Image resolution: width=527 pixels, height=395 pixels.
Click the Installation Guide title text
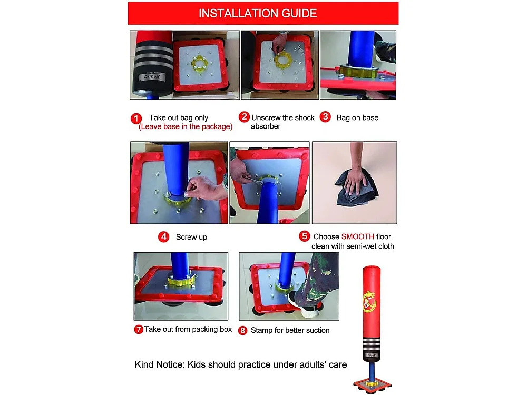coord(258,13)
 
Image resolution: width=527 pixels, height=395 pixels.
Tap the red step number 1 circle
coord(136,118)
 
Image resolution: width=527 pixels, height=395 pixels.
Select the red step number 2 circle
coord(244,117)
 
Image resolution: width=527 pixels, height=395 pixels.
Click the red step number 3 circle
coord(325,117)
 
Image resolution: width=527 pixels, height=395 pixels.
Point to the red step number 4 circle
coord(164,237)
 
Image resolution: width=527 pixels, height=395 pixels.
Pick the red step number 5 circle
coord(304,236)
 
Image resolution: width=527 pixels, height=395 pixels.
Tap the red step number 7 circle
coord(139,330)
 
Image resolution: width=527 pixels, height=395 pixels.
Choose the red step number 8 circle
coord(242,331)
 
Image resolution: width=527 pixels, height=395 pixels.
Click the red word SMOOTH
coord(358,236)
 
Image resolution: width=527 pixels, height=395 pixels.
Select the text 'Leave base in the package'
coord(186,126)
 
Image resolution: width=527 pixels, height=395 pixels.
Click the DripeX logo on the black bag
coord(152,76)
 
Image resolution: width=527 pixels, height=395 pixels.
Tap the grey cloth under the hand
coord(357,187)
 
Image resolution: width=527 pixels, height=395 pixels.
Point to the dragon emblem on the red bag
coord(369,301)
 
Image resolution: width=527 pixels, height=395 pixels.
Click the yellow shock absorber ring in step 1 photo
coord(199,63)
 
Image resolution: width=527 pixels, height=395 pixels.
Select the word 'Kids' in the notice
coord(196,364)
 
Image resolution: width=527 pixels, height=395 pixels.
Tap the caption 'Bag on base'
coord(357,117)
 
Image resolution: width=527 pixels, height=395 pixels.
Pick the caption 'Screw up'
coord(192,237)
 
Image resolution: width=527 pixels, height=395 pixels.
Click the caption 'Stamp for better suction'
coord(290,330)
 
